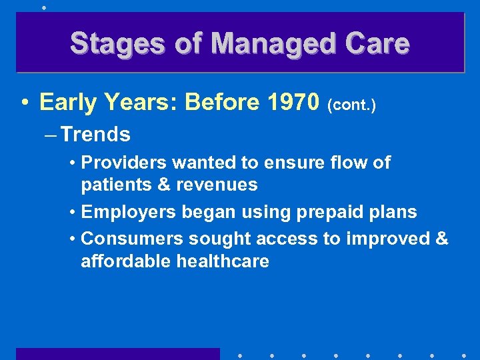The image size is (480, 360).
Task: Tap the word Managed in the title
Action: point(260,44)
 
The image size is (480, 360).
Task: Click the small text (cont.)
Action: point(353,105)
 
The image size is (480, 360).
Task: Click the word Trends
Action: point(95,135)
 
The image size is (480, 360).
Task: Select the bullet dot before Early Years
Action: point(24,103)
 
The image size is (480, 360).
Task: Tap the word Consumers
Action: point(132,239)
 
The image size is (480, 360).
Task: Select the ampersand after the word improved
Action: point(441,239)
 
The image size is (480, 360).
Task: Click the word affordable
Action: point(125,261)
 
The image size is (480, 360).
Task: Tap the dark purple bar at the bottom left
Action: point(117,353)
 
